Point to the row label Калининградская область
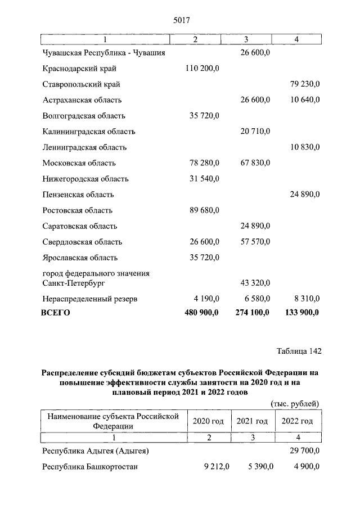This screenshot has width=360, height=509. [x=89, y=132]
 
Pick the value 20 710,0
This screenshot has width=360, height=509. [x=252, y=132]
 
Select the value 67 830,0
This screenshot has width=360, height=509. [x=252, y=163]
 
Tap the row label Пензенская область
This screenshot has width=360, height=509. [x=78, y=195]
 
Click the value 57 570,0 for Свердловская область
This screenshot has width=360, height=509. [x=252, y=242]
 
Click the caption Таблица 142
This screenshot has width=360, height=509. [x=299, y=352]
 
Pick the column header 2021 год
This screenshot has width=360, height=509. [x=252, y=421]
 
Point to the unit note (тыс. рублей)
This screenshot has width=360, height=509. [x=295, y=403]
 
